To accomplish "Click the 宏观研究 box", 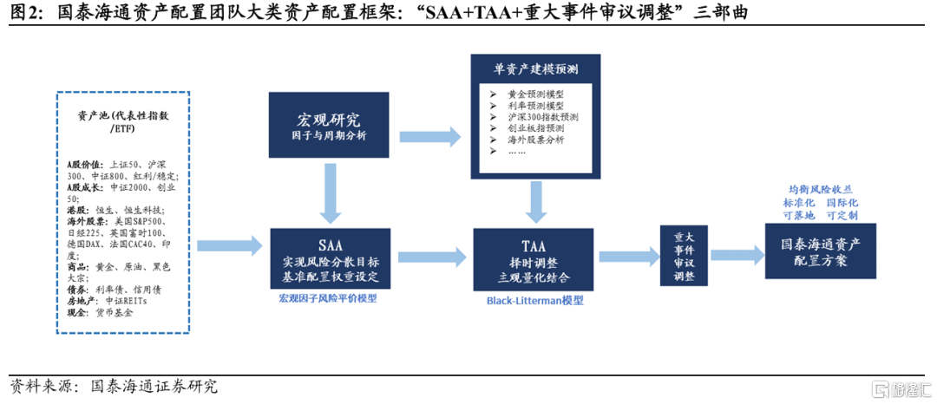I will pos(327,127).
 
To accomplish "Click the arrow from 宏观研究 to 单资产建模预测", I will pos(429,134).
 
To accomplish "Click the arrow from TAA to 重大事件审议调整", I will pos(629,256).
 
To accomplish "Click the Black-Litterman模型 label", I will pos(534,300).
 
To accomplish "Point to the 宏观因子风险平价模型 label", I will pos(328,298).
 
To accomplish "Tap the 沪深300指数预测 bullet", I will pos(544,116).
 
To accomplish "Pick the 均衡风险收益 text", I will pos(821,188).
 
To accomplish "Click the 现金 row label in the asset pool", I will pos(78,312).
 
